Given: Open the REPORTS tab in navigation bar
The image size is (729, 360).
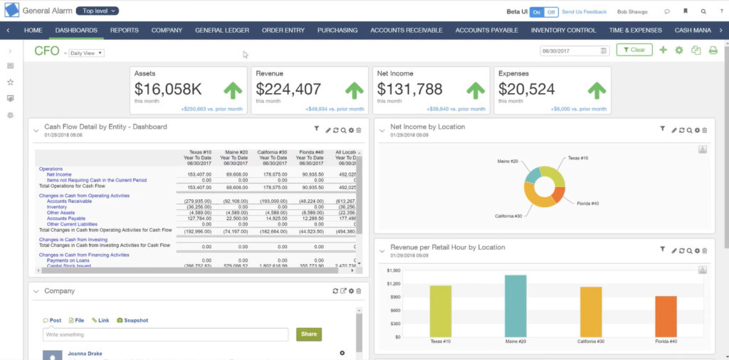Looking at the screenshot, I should click(124, 31).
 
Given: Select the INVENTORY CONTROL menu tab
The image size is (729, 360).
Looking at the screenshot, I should click(563, 31).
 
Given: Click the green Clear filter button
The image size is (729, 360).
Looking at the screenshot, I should click(633, 51).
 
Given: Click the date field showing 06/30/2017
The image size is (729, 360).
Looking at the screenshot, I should click(570, 51).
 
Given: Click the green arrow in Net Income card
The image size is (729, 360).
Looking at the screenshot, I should click(476, 90).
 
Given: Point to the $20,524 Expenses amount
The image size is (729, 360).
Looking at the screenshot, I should click(526, 89).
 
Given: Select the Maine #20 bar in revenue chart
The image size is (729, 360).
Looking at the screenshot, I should click(515, 306).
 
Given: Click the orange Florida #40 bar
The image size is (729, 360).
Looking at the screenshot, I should click(665, 316).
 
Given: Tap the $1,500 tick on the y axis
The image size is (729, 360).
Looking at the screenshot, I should click(394, 271).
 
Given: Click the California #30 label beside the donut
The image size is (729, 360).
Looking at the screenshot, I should click(508, 216).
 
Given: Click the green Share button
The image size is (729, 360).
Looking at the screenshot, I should click(309, 334).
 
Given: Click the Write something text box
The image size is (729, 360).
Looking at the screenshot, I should click(165, 334).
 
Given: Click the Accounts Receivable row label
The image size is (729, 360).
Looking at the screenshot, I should click(69, 201).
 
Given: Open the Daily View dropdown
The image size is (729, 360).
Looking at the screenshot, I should click(86, 53).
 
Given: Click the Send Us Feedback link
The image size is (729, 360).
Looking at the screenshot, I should click(584, 11).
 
